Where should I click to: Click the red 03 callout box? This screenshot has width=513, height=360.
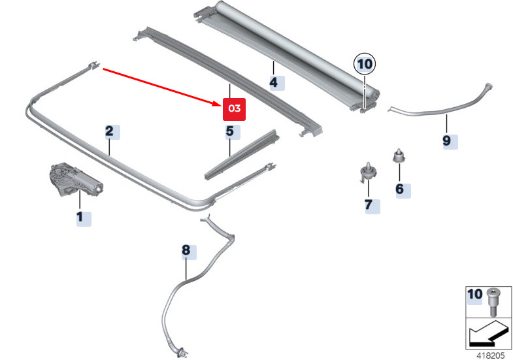click(x=235, y=109)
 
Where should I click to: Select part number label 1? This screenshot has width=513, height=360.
click(x=80, y=217)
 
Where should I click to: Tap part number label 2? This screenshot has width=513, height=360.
click(x=109, y=131)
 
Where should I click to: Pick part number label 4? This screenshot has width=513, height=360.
click(x=273, y=82)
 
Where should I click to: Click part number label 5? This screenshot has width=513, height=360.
click(x=229, y=132)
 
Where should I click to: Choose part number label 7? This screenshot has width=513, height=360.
click(x=368, y=205)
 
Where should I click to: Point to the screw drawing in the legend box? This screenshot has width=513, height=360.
click(x=493, y=300)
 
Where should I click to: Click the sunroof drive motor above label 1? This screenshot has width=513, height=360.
click(x=73, y=181)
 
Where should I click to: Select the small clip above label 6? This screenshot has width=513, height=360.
click(x=397, y=156)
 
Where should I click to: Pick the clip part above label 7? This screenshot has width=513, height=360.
click(x=369, y=171)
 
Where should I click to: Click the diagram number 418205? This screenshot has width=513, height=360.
click(x=489, y=355)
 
